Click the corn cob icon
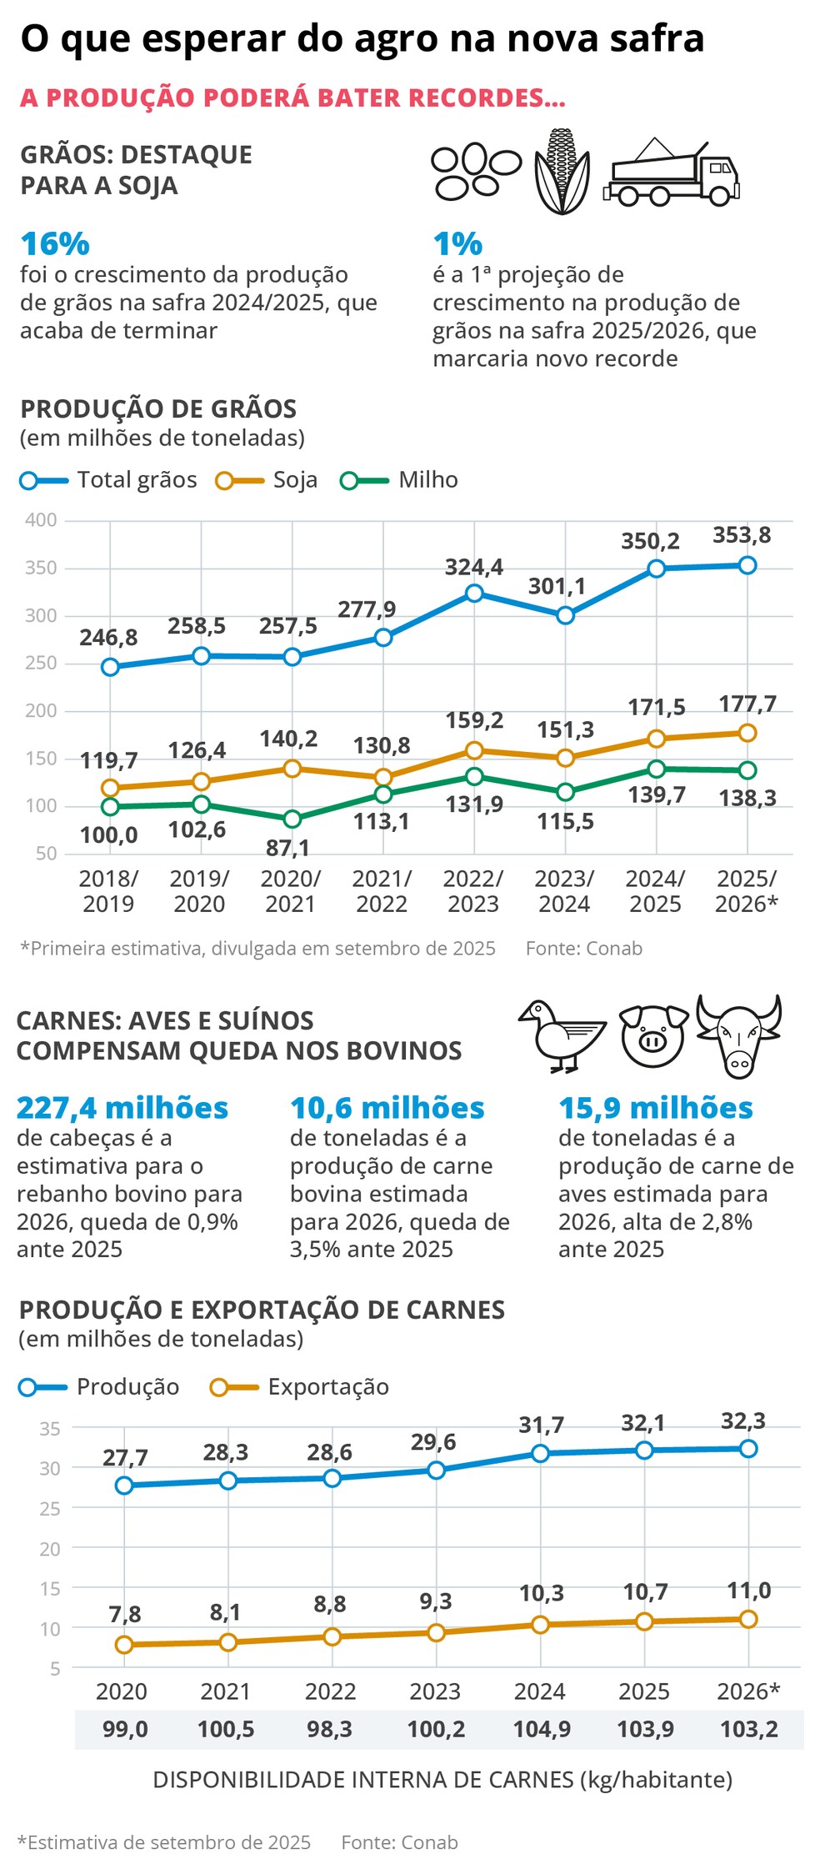click(561, 171)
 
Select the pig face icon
click(653, 1035)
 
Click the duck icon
click(560, 1035)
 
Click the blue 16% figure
click(55, 244)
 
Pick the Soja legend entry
click(267, 480)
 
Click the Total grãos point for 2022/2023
click(474, 594)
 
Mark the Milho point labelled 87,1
click(292, 819)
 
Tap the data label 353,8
click(742, 535)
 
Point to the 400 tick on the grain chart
click(41, 520)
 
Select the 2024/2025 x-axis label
click(655, 891)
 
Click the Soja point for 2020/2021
click(292, 769)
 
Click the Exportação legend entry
click(300, 1387)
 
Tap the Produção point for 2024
click(540, 1454)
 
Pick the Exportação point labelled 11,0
click(748, 1619)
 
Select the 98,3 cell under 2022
click(330, 1729)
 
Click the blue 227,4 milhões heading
click(122, 1108)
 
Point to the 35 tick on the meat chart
click(50, 1428)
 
